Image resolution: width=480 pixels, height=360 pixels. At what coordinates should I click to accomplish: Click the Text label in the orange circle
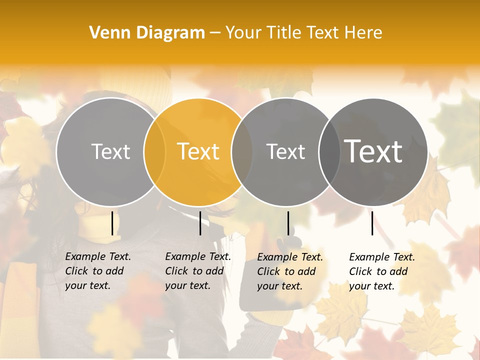pyautogui.click(x=198, y=151)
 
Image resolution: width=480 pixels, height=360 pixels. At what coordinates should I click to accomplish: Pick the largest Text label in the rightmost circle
pyautogui.click(x=373, y=151)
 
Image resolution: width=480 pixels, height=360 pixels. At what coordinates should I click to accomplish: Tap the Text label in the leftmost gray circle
pyautogui.click(x=110, y=151)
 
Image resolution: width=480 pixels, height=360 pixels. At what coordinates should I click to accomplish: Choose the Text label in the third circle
pyautogui.click(x=285, y=151)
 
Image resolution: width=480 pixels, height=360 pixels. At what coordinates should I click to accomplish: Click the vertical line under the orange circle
pyautogui.click(x=200, y=223)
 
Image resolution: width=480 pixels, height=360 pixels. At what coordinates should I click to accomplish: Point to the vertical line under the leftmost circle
pyautogui.click(x=112, y=223)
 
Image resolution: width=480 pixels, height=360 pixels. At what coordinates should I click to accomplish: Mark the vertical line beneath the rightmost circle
pyautogui.click(x=372, y=223)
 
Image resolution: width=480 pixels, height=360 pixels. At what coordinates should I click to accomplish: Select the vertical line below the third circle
pyautogui.click(x=288, y=223)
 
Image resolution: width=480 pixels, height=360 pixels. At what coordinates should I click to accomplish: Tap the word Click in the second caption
pyautogui.click(x=176, y=271)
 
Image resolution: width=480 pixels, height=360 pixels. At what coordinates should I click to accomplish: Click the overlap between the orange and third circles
pyautogui.click(x=242, y=151)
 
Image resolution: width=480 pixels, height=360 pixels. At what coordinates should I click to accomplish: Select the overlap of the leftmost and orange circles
pyautogui.click(x=154, y=151)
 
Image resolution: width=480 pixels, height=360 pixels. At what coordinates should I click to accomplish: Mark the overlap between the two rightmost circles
pyautogui.click(x=329, y=151)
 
